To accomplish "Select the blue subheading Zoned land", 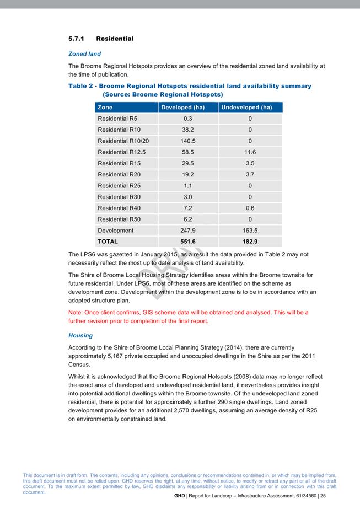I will tap(84, 54).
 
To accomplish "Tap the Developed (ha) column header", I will tap(182, 108).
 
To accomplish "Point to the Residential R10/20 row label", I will tap(123, 141).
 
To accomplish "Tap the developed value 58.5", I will tap(187, 152).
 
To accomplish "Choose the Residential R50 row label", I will tap(117, 219).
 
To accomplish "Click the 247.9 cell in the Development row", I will tap(188, 231).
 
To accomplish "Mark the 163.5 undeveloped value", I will tap(250, 231).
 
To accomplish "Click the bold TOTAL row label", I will tap(108, 242).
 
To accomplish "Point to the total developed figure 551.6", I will tap(188, 242).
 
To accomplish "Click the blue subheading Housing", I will tap(80, 335).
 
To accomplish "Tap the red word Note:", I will tap(76, 312).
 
